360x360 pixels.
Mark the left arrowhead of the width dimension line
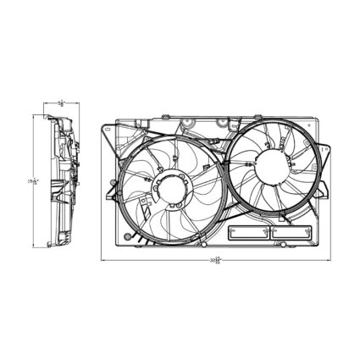coord(105,260)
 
